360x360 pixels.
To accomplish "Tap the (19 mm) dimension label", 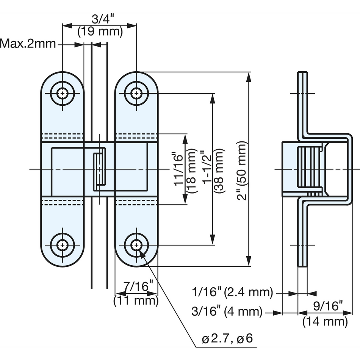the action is point(100,31).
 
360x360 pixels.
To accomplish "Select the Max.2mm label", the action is point(28,44).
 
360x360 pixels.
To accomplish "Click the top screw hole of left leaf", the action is point(62,94).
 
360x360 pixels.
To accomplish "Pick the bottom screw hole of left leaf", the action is point(62,245).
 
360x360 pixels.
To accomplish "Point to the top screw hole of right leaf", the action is point(136,94).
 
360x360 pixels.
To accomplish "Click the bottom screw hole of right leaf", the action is point(136,245).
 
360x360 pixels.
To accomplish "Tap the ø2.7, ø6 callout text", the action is point(227,338).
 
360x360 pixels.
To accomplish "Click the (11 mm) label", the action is point(136,300).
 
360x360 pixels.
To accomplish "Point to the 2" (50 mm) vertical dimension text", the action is point(242,171).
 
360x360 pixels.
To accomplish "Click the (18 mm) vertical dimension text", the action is point(192,171).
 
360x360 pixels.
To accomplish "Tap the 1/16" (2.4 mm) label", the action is point(232,293).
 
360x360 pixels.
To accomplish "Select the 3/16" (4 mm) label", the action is point(227,312).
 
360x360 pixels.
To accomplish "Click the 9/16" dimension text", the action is point(328,306).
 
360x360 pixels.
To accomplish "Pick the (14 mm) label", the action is point(325,321).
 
